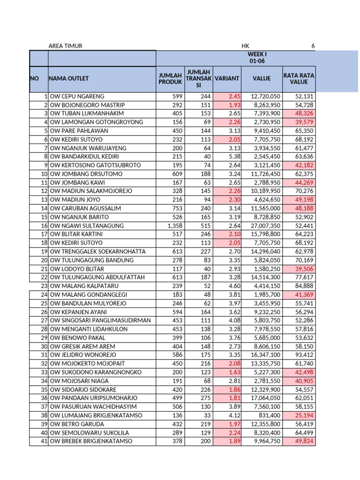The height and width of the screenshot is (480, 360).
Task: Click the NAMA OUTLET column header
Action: (x=69, y=79)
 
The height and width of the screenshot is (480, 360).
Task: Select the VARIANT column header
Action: (x=227, y=79)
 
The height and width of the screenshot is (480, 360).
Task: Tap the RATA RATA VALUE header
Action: (x=299, y=79)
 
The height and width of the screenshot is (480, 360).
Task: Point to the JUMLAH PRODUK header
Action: (x=170, y=79)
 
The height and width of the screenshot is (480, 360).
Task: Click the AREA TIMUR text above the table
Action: (x=66, y=46)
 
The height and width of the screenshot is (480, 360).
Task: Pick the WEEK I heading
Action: (x=257, y=54)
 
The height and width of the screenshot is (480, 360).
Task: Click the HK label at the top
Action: (x=246, y=46)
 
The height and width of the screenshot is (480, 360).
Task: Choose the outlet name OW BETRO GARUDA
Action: (x=72, y=424)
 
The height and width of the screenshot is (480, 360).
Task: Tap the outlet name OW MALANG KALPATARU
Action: (x=80, y=286)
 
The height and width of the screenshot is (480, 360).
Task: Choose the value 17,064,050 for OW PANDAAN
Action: (x=263, y=398)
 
